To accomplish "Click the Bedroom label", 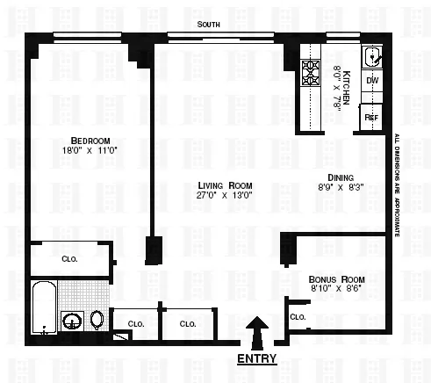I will [90, 141].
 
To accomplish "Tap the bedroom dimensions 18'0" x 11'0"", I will [90, 151].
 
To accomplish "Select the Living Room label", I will [226, 185].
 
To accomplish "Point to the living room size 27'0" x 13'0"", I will [226, 196].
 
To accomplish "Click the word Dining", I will [340, 176].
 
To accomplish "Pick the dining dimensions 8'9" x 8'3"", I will [340, 186].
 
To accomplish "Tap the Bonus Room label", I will [337, 278].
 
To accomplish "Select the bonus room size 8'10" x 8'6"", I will [337, 287].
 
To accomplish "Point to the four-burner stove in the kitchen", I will [311, 71].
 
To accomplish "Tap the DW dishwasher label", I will [372, 82].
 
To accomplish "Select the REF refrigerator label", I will [372, 116].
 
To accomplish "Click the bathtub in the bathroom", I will [44, 309].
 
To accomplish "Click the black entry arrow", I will [257, 333].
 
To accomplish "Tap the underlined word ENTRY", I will [257, 358].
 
